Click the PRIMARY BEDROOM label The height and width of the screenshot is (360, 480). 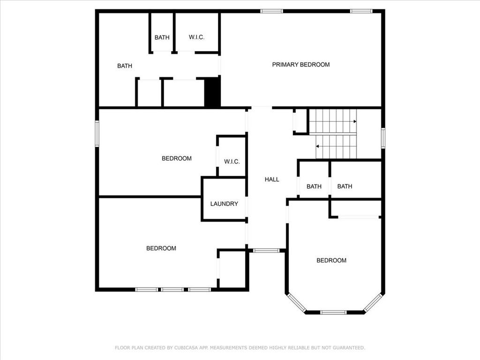tap(301, 65)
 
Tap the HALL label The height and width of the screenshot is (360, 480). tap(272, 180)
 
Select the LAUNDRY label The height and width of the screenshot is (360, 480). tap(224, 204)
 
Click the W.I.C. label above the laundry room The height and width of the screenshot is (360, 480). tap(232, 162)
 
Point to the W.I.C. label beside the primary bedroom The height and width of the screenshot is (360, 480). tap(196, 37)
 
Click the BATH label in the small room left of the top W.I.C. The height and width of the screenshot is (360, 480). tap(162, 37)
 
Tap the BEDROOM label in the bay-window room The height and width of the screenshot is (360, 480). tap(331, 261)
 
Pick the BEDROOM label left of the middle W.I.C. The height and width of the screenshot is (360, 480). tap(177, 158)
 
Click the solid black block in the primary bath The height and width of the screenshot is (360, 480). tap(212, 92)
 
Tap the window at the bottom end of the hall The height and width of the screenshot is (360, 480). tap(266, 251)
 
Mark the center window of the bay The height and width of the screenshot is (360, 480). tap(333, 313)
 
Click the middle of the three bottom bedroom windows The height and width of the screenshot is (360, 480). tap(172, 290)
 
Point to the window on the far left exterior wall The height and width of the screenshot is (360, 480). tap(97, 134)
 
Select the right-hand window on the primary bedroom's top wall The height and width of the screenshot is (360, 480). tap(361, 11)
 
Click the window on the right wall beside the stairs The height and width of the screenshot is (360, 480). tap(383, 138)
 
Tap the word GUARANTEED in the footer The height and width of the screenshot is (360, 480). tap(349, 348)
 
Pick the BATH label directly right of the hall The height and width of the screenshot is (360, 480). tap(314, 187)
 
